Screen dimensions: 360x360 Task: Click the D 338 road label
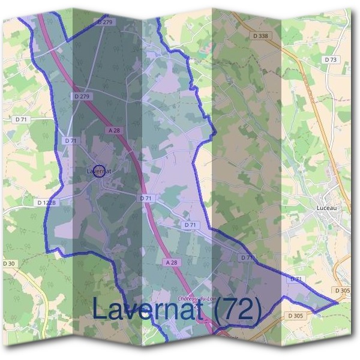[261, 36]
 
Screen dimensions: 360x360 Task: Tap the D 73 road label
[331, 59]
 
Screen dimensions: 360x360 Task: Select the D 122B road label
[46, 203]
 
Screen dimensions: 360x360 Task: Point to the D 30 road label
[9, 263]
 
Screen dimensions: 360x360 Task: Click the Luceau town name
[327, 208]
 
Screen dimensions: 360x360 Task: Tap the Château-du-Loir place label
[196, 298]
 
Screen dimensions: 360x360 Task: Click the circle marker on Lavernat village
[100, 171]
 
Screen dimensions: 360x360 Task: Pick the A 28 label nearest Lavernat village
[115, 130]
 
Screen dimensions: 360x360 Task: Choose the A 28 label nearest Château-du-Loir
[171, 262]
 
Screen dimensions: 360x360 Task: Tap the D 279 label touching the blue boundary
[104, 22]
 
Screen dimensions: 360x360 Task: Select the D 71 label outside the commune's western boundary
[21, 120]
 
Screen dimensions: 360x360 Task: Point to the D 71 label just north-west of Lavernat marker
[71, 140]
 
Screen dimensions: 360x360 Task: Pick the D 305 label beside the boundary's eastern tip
[343, 290]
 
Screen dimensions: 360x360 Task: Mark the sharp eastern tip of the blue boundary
[338, 302]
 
